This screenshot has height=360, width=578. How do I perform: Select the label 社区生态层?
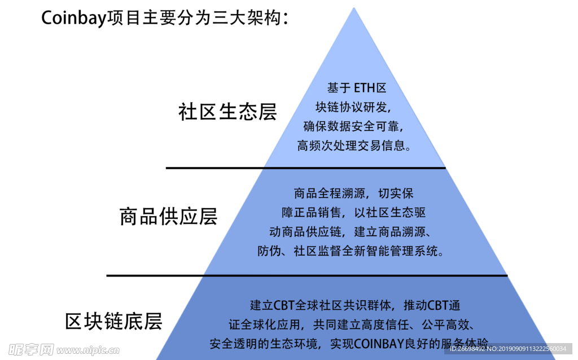click(227, 111)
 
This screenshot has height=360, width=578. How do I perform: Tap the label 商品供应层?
click(168, 216)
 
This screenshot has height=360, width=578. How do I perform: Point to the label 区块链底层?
click(114, 321)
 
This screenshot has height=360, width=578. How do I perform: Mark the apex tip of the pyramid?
click(354, 8)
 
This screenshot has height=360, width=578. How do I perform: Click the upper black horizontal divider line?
click(305, 168)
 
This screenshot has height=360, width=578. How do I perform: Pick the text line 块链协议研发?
click(353, 107)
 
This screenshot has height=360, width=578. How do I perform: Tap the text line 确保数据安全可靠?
click(353, 126)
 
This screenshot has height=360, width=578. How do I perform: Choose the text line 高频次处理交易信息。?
click(353, 145)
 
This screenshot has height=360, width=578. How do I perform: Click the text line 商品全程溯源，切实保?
click(353, 194)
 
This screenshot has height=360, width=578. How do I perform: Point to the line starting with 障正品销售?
click(353, 213)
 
